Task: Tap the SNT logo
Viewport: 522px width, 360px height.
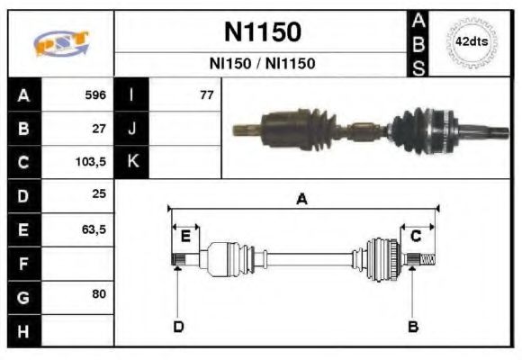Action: click(x=61, y=43)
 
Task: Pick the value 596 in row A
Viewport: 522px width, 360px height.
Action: click(x=95, y=94)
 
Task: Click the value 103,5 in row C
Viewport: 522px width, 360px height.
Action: click(x=92, y=162)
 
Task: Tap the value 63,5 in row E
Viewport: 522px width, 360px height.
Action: click(x=94, y=229)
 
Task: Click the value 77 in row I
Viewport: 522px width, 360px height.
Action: click(x=206, y=94)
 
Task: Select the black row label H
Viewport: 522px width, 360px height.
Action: click(x=23, y=330)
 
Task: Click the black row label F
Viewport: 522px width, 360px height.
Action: click(x=23, y=263)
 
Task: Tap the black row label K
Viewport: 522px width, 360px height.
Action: click(x=131, y=162)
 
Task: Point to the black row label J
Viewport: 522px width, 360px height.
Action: click(x=131, y=128)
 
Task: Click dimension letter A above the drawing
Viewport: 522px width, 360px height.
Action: click(x=301, y=200)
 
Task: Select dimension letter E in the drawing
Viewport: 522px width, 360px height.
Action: click(x=184, y=237)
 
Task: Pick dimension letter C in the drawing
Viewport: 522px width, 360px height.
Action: click(x=416, y=237)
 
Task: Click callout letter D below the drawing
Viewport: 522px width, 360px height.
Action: click(x=178, y=326)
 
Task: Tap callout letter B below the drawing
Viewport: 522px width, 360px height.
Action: click(x=412, y=326)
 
